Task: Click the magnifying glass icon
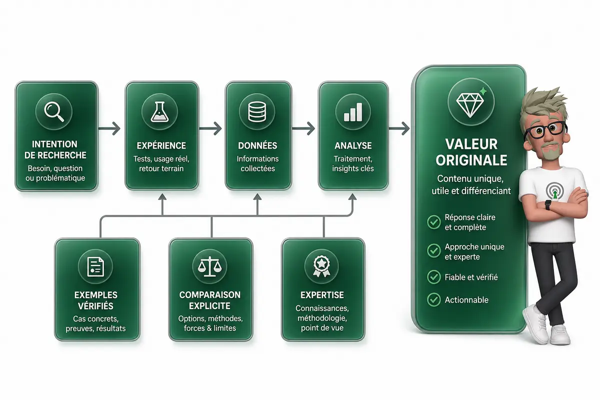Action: tap(54, 112)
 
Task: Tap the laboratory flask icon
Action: tap(159, 111)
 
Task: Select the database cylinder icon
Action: tap(257, 111)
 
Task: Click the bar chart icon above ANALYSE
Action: tap(353, 112)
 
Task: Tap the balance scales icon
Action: tap(209, 266)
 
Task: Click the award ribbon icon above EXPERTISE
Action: tap(321, 266)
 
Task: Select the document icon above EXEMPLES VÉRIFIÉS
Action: tap(95, 266)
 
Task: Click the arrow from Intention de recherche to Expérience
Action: tap(109, 128)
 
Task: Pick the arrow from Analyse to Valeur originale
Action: tap(399, 128)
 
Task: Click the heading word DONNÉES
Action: tap(257, 145)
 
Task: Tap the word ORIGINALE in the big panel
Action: tap(471, 160)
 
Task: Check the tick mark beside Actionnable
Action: tap(434, 299)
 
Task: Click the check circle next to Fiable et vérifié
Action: tap(434, 277)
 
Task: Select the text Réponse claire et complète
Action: tap(470, 222)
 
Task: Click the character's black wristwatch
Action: tap(548, 205)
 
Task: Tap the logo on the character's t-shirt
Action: tap(554, 191)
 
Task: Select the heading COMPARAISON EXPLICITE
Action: tap(209, 300)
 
